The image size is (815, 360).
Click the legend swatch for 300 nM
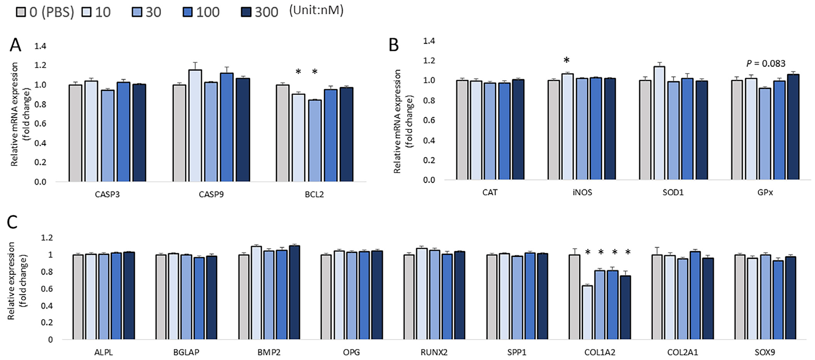click(x=246, y=12)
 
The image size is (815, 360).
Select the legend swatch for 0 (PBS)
click(x=21, y=12)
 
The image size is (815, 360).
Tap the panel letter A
click(x=15, y=45)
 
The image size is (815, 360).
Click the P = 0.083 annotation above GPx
click(x=766, y=64)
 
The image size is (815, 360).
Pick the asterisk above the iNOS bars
click(x=566, y=60)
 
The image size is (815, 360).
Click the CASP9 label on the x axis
click(x=211, y=194)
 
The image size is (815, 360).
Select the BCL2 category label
click(x=314, y=194)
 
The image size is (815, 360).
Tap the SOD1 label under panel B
click(x=673, y=192)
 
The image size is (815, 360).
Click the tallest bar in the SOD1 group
click(x=659, y=123)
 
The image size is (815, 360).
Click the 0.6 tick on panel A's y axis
click(x=40, y=123)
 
